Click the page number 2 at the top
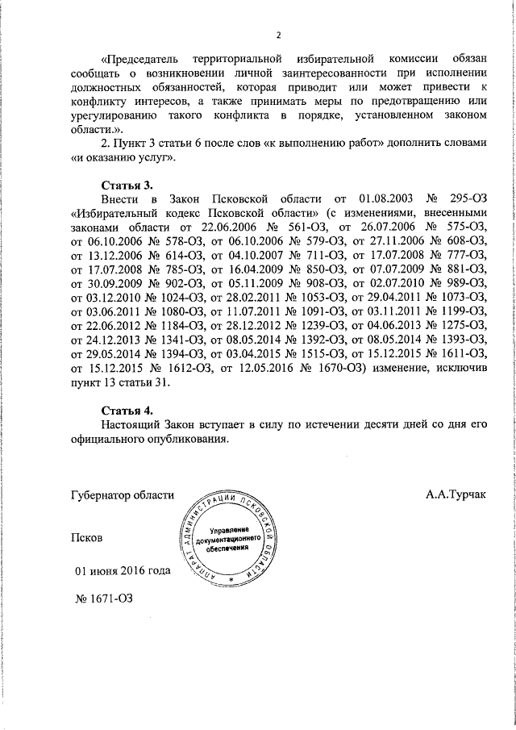(279, 35)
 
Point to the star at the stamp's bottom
(231, 579)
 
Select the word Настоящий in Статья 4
(131, 426)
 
